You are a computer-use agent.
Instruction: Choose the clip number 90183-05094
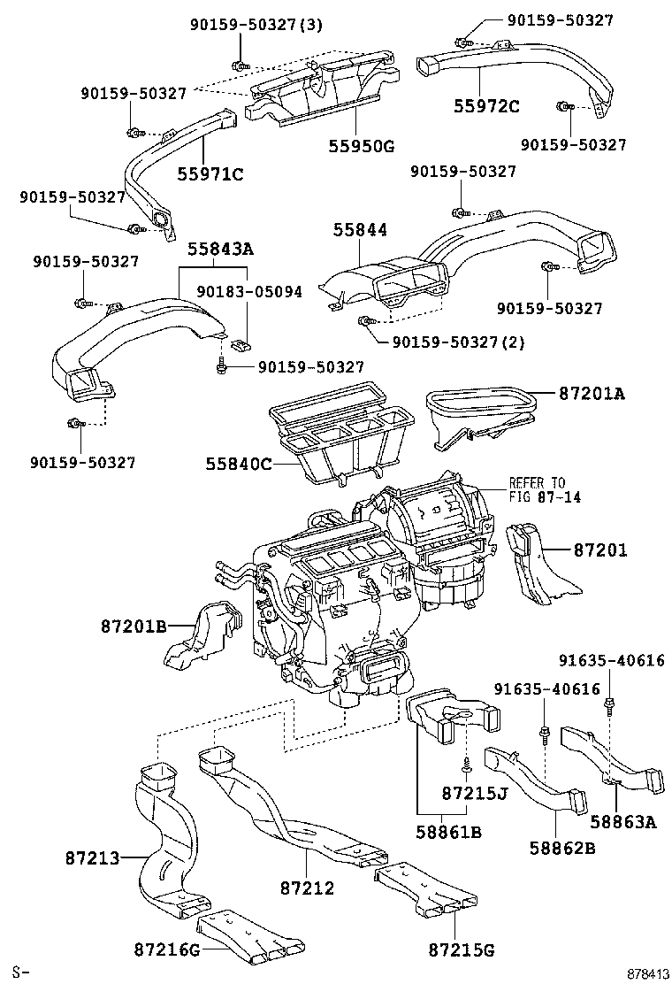click(249, 291)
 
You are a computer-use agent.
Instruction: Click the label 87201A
click(591, 393)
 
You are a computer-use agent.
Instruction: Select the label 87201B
click(133, 627)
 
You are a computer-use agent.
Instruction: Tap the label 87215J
click(475, 791)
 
